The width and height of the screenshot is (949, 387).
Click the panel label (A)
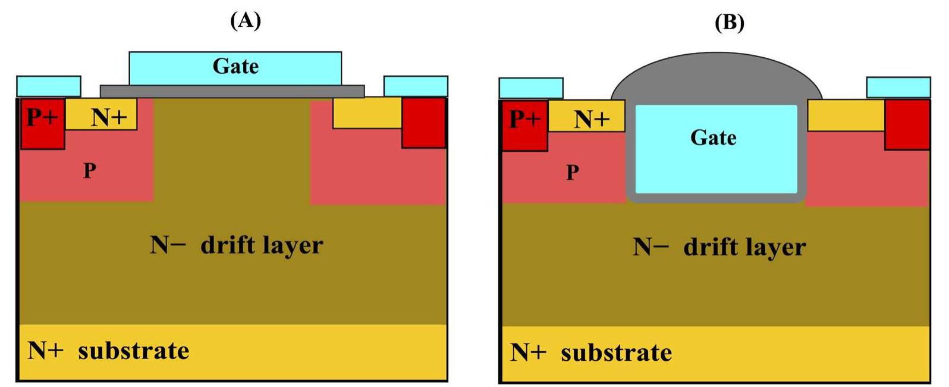click(245, 20)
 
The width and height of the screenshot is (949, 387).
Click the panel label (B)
click(729, 22)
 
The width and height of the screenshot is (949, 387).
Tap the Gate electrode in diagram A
click(235, 67)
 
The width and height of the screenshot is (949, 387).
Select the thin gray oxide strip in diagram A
click(232, 91)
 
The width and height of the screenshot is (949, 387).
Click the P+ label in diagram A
click(42, 117)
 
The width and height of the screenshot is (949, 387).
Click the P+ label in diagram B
click(524, 119)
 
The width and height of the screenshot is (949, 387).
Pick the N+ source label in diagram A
click(109, 117)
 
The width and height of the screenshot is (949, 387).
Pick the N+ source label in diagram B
click(591, 119)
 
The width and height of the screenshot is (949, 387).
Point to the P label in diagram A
click(89, 171)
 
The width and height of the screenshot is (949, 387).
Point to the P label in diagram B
click(572, 173)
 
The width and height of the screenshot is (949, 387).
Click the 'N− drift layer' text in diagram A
click(236, 245)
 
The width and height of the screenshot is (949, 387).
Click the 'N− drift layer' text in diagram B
click(719, 246)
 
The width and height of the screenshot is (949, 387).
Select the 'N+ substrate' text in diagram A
click(108, 351)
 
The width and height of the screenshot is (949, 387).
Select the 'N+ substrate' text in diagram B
click(591, 353)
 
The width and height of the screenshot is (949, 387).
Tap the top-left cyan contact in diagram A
click(48, 86)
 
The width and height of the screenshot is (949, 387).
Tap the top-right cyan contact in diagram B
click(898, 88)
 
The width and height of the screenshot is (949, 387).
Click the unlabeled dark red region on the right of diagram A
click(423, 122)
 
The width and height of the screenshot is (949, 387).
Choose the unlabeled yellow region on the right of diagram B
click(846, 116)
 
